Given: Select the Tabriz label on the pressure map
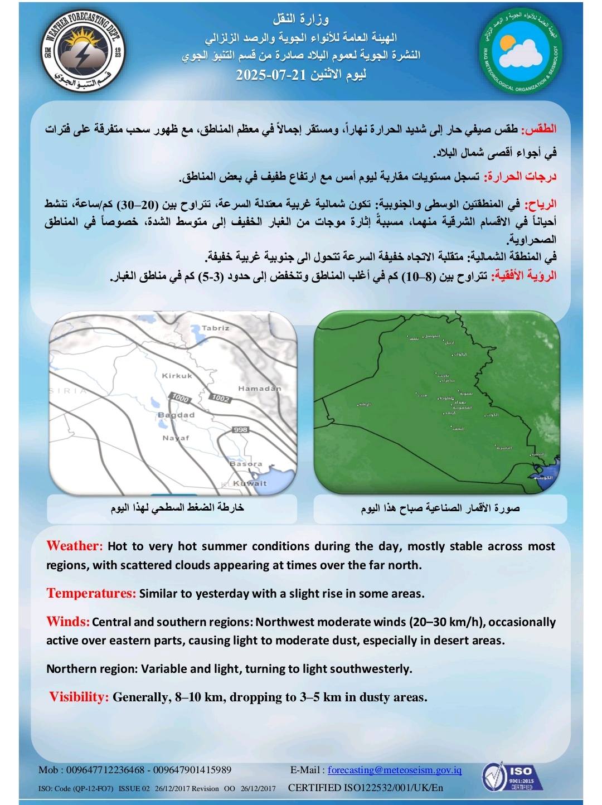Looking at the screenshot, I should click(x=215, y=328).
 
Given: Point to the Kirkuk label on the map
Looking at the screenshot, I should click(x=177, y=376).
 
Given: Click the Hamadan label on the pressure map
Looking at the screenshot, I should click(x=259, y=389).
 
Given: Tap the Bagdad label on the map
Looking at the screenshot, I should click(x=176, y=415).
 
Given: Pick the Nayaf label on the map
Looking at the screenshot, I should click(x=176, y=438).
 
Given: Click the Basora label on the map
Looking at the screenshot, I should click(x=246, y=464).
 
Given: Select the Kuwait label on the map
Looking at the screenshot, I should click(x=250, y=483).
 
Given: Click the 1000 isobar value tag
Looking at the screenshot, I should click(x=181, y=398).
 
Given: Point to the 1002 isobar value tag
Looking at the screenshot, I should click(x=220, y=398).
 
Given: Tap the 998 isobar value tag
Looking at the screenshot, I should click(x=240, y=429).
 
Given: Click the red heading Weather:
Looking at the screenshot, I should click(x=75, y=546).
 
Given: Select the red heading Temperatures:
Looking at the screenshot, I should click(x=91, y=593).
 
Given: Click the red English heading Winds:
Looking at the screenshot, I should click(x=68, y=622).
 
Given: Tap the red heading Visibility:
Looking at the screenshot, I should click(x=79, y=697).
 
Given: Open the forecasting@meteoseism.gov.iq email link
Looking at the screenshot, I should click(x=395, y=770).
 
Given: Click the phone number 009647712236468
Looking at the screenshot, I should click(x=105, y=770).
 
